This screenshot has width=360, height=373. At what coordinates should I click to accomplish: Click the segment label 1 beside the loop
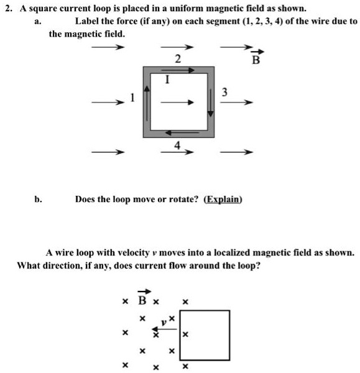(x=132, y=98)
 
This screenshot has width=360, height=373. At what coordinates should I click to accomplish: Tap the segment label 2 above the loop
(x=178, y=60)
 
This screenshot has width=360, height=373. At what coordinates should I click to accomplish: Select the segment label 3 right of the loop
(x=225, y=92)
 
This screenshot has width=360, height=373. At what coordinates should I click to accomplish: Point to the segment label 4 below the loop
(x=177, y=145)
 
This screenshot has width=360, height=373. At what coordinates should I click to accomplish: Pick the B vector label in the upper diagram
(x=256, y=60)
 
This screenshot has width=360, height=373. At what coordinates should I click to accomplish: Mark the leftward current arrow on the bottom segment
(x=178, y=133)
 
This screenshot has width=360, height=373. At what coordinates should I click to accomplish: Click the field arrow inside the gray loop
(x=178, y=104)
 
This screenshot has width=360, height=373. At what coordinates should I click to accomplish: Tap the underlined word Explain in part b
(x=223, y=200)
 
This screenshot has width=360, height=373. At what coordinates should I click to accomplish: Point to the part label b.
(x=39, y=200)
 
